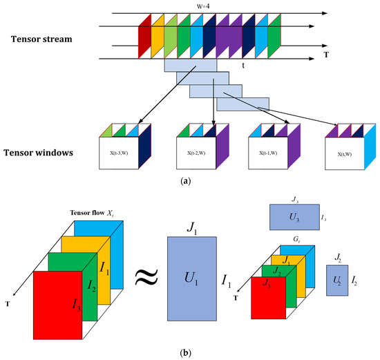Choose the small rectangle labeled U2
[x=338, y=283]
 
